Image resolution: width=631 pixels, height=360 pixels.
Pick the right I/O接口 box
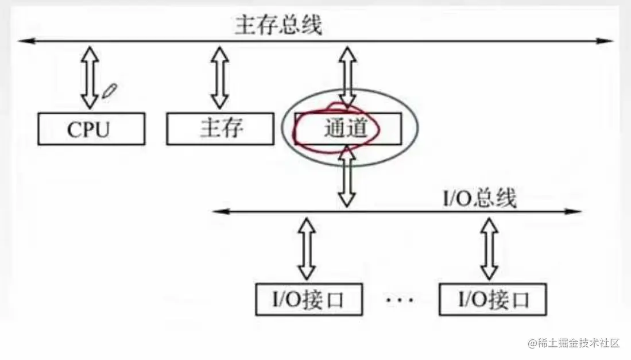(x=492, y=299)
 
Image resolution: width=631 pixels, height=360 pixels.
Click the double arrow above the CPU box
(x=89, y=78)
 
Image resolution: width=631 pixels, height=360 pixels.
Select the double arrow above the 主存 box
(x=219, y=78)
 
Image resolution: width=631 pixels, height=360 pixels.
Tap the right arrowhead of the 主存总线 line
(x=606, y=41)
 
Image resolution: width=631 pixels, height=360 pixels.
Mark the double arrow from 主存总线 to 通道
(x=346, y=76)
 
